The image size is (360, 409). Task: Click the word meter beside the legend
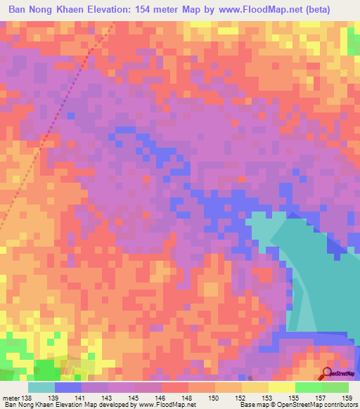pos(11,398)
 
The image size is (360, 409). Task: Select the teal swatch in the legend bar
pos(41,387)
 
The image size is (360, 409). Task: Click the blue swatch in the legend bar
pos(68,387)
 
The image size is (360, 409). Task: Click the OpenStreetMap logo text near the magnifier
pos(344,375)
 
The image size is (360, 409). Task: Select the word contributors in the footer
pos(337,405)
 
